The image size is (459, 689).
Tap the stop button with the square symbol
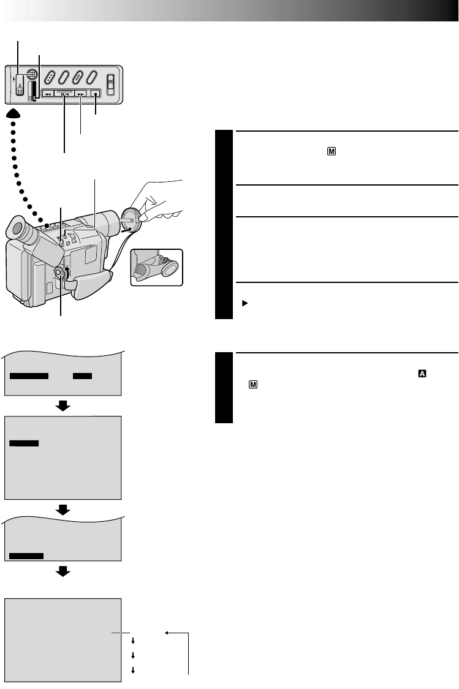[96, 94]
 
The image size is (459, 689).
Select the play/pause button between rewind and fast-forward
[64, 94]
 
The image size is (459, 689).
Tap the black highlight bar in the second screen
[25, 442]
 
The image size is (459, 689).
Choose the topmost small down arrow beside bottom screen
[133, 639]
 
